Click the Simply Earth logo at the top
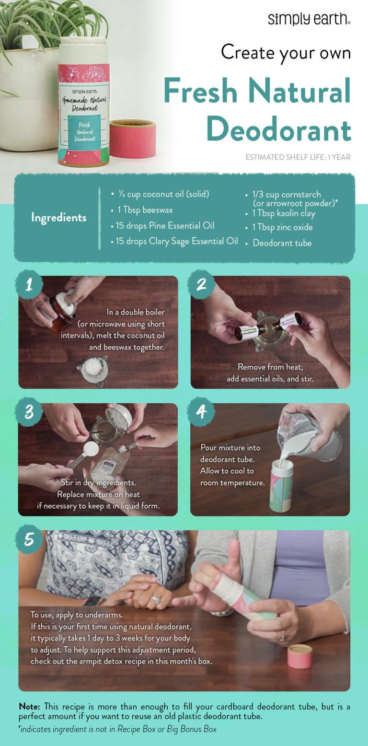point(309,19)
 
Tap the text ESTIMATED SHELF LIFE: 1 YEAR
point(298,157)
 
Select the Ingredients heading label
point(58,217)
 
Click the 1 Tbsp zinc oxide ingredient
point(283,227)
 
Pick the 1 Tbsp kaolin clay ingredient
point(284,214)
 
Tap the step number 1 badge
point(29,285)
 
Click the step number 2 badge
point(201,285)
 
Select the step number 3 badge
point(29,413)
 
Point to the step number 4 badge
point(201,413)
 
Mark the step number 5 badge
point(29,540)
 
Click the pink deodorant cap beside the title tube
point(132,139)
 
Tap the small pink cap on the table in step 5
point(299,657)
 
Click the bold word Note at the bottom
point(30,707)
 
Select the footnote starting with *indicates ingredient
point(117,729)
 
